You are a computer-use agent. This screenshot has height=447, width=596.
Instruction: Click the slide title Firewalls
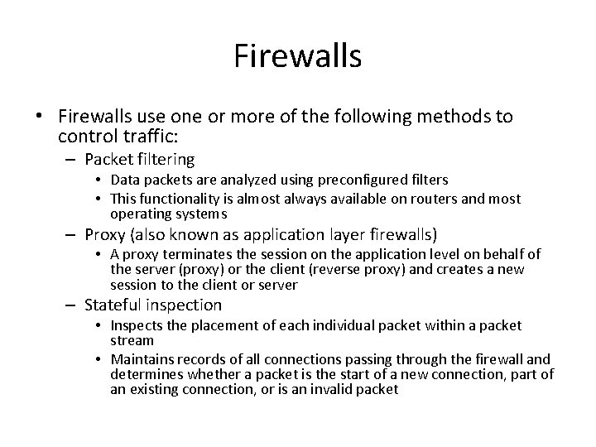298,56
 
